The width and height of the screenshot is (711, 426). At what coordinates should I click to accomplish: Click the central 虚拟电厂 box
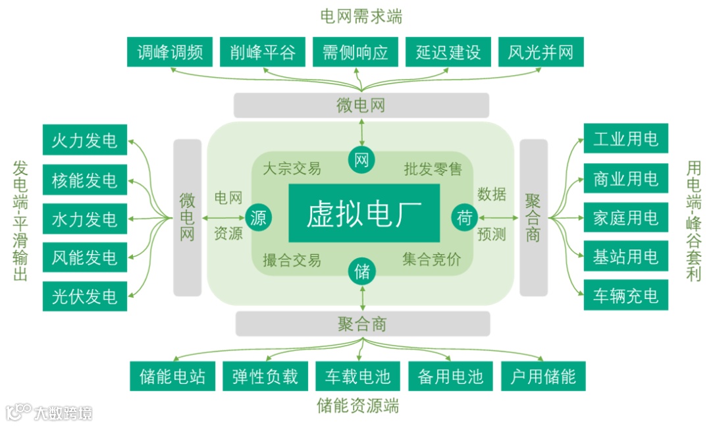[x=364, y=213]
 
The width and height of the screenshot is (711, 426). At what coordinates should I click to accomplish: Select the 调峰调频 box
[x=170, y=53]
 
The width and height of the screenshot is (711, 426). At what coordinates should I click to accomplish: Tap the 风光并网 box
[x=540, y=53]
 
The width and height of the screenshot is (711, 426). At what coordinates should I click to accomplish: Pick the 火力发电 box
[x=84, y=140]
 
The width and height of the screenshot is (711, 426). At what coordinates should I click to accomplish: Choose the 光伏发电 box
[x=84, y=296]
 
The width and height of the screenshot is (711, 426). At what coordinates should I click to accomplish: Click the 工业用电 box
[x=625, y=139]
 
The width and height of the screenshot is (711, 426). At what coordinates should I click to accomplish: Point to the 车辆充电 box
[x=625, y=295]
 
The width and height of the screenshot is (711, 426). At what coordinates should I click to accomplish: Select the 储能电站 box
[x=172, y=377]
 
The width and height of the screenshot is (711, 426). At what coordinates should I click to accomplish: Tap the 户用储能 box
[x=543, y=377]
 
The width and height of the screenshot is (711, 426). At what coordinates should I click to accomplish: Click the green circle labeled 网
[x=361, y=160]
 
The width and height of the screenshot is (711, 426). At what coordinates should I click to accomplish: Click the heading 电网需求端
[x=361, y=16]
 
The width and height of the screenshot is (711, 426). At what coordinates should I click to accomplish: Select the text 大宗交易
[x=292, y=169]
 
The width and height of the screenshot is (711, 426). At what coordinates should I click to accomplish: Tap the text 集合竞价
[x=431, y=259]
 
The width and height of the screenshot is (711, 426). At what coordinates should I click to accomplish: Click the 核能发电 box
[x=84, y=180]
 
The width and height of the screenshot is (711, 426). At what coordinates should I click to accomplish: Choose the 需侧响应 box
[x=355, y=53]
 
